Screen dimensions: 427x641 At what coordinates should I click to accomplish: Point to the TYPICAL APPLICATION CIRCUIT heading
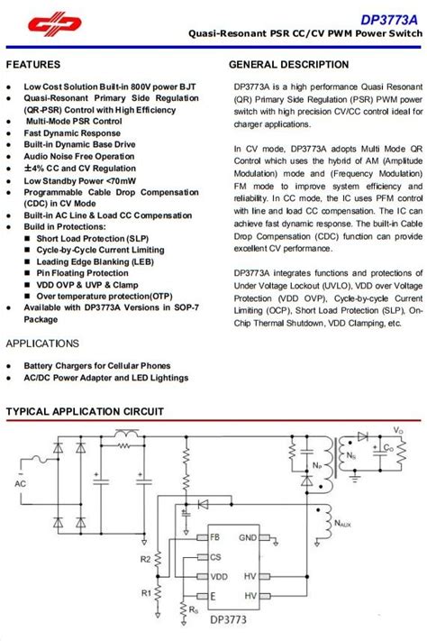click(x=85, y=411)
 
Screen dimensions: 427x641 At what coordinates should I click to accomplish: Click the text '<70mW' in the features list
click(x=120, y=180)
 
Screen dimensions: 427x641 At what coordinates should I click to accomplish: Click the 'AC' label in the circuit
click(x=20, y=483)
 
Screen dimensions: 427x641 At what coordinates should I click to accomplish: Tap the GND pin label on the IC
click(x=248, y=537)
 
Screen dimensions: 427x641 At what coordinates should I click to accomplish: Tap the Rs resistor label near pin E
click(x=172, y=609)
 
